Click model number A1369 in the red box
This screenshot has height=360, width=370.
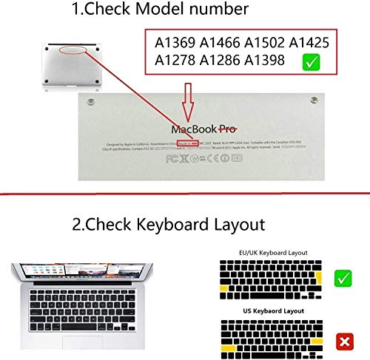tap(176, 42)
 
